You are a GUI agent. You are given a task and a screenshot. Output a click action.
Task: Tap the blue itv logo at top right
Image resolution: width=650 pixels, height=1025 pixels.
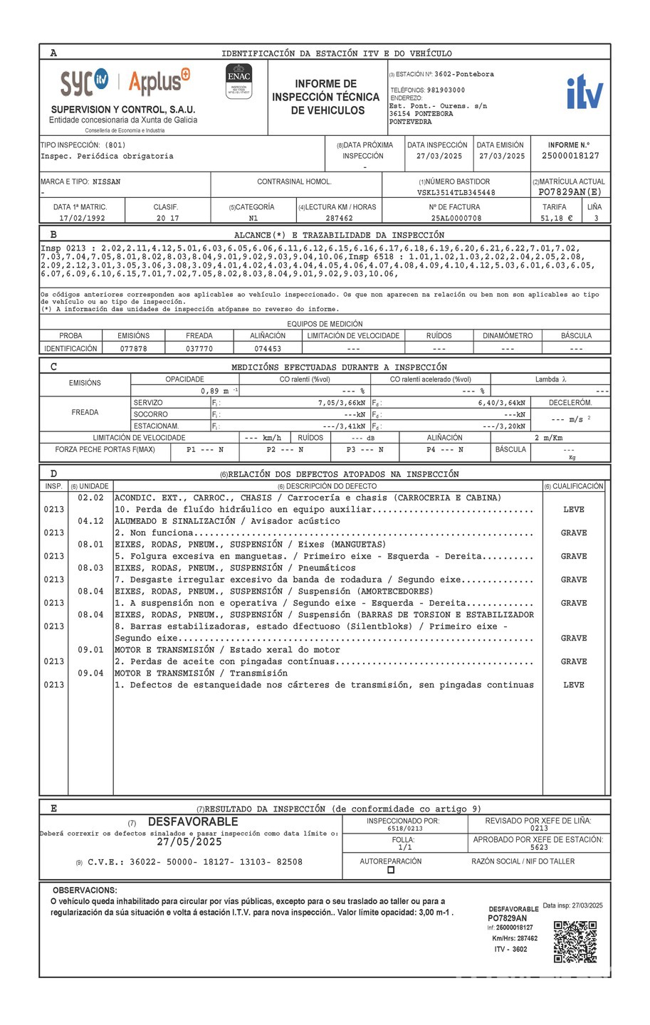pos(585,93)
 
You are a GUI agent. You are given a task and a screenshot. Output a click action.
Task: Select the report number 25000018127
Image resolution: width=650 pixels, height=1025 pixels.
pos(570,156)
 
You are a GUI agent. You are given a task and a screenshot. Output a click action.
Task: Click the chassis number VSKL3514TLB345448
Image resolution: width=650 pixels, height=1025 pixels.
pos(456,192)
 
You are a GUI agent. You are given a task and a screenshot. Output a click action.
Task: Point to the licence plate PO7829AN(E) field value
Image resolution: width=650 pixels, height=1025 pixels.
pos(570,192)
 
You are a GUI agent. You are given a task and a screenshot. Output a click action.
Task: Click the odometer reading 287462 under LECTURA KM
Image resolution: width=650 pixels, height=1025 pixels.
pos(339,218)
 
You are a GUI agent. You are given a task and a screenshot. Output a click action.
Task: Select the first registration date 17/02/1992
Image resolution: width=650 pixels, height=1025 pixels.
pos(82,218)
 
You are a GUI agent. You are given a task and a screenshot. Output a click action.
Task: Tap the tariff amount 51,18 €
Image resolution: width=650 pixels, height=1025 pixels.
pos(557,218)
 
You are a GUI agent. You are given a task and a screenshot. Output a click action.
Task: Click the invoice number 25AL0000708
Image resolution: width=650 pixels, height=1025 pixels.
pos(456,218)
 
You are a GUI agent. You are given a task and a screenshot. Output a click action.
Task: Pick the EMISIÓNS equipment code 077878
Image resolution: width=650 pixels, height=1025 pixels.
pos(134,349)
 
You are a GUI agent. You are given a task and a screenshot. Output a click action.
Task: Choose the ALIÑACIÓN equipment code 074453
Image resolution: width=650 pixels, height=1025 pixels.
pos(268,349)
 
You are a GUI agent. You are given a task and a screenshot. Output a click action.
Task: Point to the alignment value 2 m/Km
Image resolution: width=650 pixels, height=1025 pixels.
pos(548,438)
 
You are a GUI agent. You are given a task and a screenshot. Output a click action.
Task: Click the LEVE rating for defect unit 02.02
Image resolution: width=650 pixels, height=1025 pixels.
pos(573,510)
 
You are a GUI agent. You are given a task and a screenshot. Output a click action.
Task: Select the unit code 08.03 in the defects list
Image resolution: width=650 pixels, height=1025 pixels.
pos(90,568)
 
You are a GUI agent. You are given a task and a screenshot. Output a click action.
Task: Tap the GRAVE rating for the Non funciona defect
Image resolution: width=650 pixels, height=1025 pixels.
pos(573,533)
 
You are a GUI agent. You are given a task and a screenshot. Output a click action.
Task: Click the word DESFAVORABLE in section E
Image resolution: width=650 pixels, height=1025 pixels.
pos(193,822)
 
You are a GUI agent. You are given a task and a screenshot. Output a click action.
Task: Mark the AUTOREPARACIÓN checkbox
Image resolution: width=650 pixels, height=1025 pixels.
pos(390,870)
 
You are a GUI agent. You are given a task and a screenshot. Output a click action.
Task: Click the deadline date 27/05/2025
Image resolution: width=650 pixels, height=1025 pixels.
pos(189,842)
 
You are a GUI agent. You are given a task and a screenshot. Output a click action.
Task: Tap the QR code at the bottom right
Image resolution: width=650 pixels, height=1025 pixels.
pos(575,942)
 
